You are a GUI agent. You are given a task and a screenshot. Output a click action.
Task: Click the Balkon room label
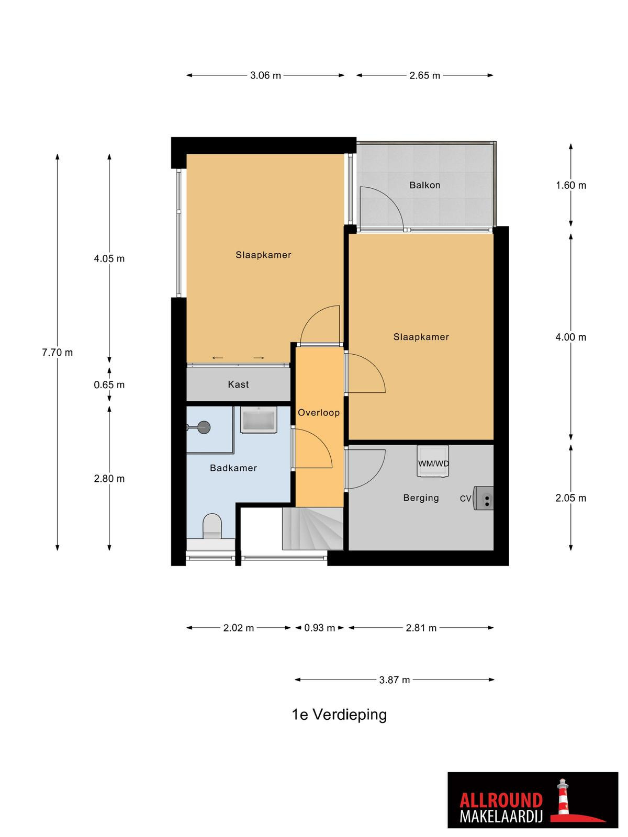click(x=424, y=185)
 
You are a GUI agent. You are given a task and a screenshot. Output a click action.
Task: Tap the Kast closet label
click(x=238, y=384)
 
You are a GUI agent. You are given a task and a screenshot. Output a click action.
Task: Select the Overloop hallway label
click(x=318, y=413)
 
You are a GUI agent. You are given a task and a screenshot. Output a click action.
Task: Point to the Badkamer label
click(x=233, y=468)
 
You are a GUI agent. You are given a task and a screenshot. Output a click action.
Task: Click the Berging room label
click(x=421, y=498)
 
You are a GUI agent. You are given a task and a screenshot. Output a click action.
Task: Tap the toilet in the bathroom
click(x=212, y=527)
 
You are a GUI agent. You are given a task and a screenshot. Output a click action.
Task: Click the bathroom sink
click(x=259, y=420)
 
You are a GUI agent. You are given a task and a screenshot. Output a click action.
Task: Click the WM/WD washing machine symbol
click(x=433, y=461)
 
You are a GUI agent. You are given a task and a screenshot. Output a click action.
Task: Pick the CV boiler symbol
click(x=484, y=498)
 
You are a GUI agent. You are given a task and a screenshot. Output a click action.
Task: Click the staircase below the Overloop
click(x=312, y=529)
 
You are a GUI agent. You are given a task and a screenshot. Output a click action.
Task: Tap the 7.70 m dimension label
click(x=57, y=353)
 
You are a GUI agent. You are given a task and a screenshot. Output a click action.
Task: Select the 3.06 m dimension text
click(x=265, y=75)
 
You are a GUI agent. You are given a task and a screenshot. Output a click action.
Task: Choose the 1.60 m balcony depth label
click(x=571, y=185)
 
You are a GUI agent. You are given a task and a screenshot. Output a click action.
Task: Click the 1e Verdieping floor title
click(x=339, y=715)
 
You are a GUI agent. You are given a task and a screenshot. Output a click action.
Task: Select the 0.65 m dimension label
click(x=109, y=384)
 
